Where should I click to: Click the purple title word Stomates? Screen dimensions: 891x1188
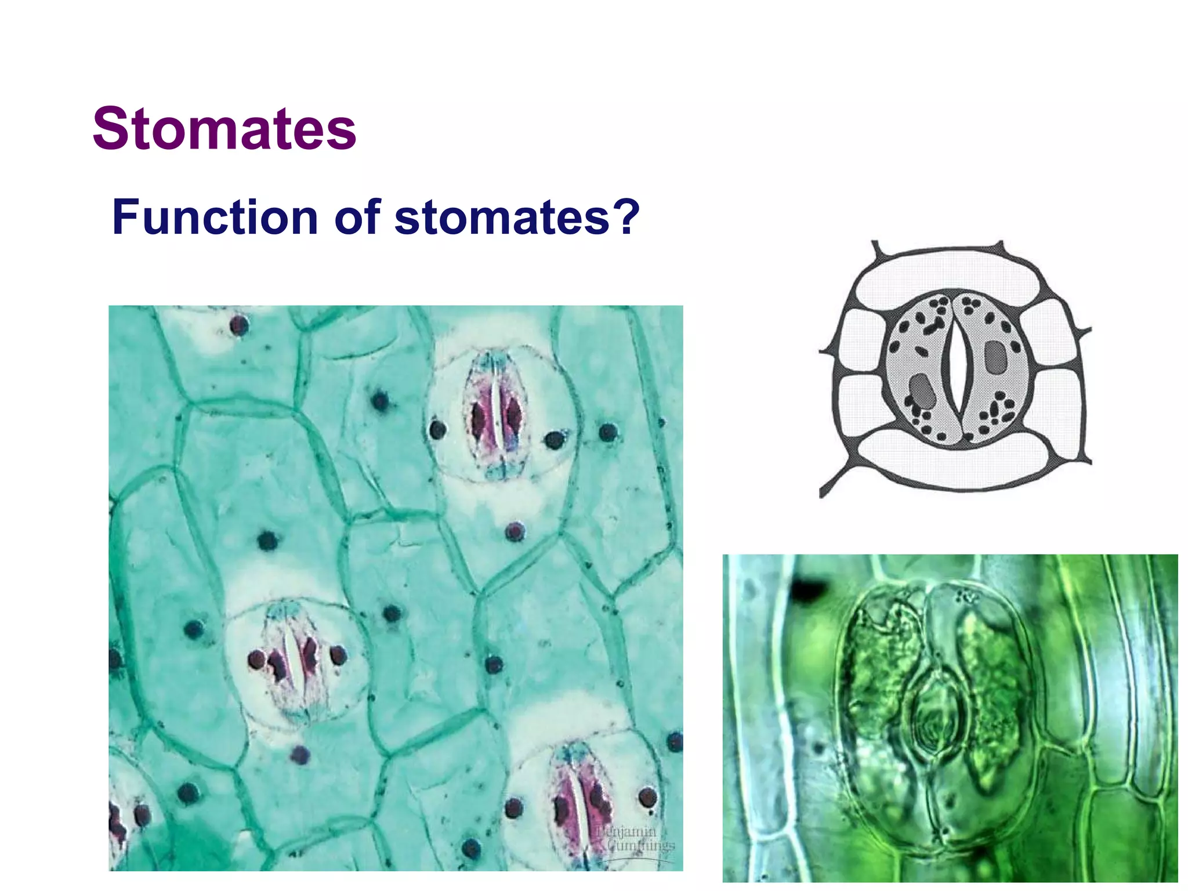[224, 128]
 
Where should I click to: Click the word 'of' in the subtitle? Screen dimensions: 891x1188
[357, 218]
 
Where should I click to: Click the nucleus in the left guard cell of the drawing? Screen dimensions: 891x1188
[921, 392]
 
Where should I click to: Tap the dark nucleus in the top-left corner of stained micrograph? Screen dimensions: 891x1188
[239, 325]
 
